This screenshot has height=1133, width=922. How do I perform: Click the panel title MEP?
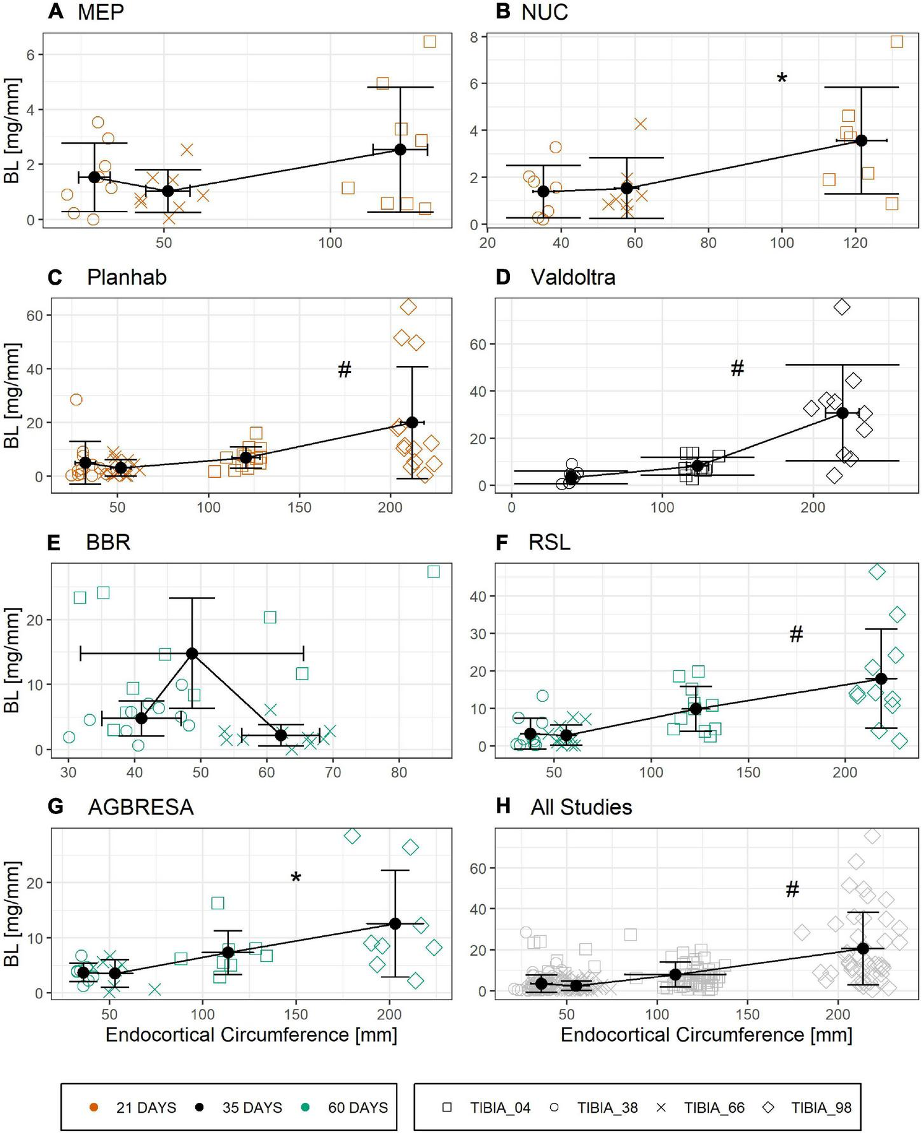coord(100,12)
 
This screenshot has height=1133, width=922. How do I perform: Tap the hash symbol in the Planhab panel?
coord(345,369)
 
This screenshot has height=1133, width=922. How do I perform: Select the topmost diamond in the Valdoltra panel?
coord(842,307)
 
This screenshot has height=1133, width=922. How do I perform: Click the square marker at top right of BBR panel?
coord(434,571)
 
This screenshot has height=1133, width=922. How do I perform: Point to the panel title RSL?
coord(549,542)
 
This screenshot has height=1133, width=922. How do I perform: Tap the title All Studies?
coord(581,807)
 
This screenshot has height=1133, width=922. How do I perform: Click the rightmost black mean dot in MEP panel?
coord(401,149)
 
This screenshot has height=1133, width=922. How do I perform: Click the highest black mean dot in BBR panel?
coord(192,653)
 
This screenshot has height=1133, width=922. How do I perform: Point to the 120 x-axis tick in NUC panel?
coord(856,243)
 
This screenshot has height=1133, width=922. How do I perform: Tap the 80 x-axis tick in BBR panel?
coord(399,773)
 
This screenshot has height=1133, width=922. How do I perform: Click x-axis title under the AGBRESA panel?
coord(251,1035)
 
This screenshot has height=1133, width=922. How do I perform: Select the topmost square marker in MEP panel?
coord(430,41)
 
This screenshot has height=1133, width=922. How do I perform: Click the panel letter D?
coord(502,278)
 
